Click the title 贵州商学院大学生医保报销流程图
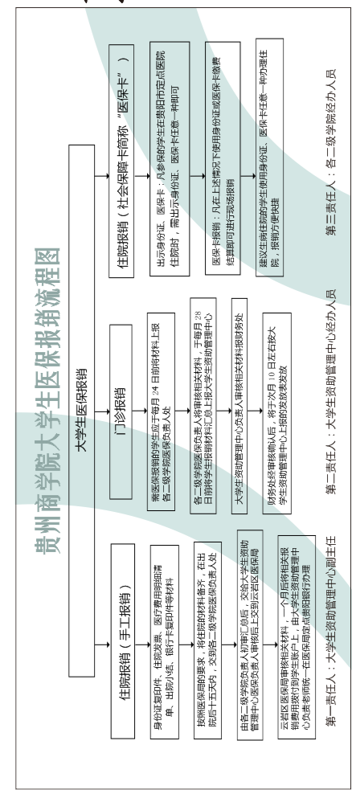coord(48,401)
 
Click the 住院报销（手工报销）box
coord(123,640)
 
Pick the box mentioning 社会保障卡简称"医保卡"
coord(121,161)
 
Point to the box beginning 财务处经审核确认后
coord(277,413)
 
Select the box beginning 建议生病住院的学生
coord(269,158)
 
